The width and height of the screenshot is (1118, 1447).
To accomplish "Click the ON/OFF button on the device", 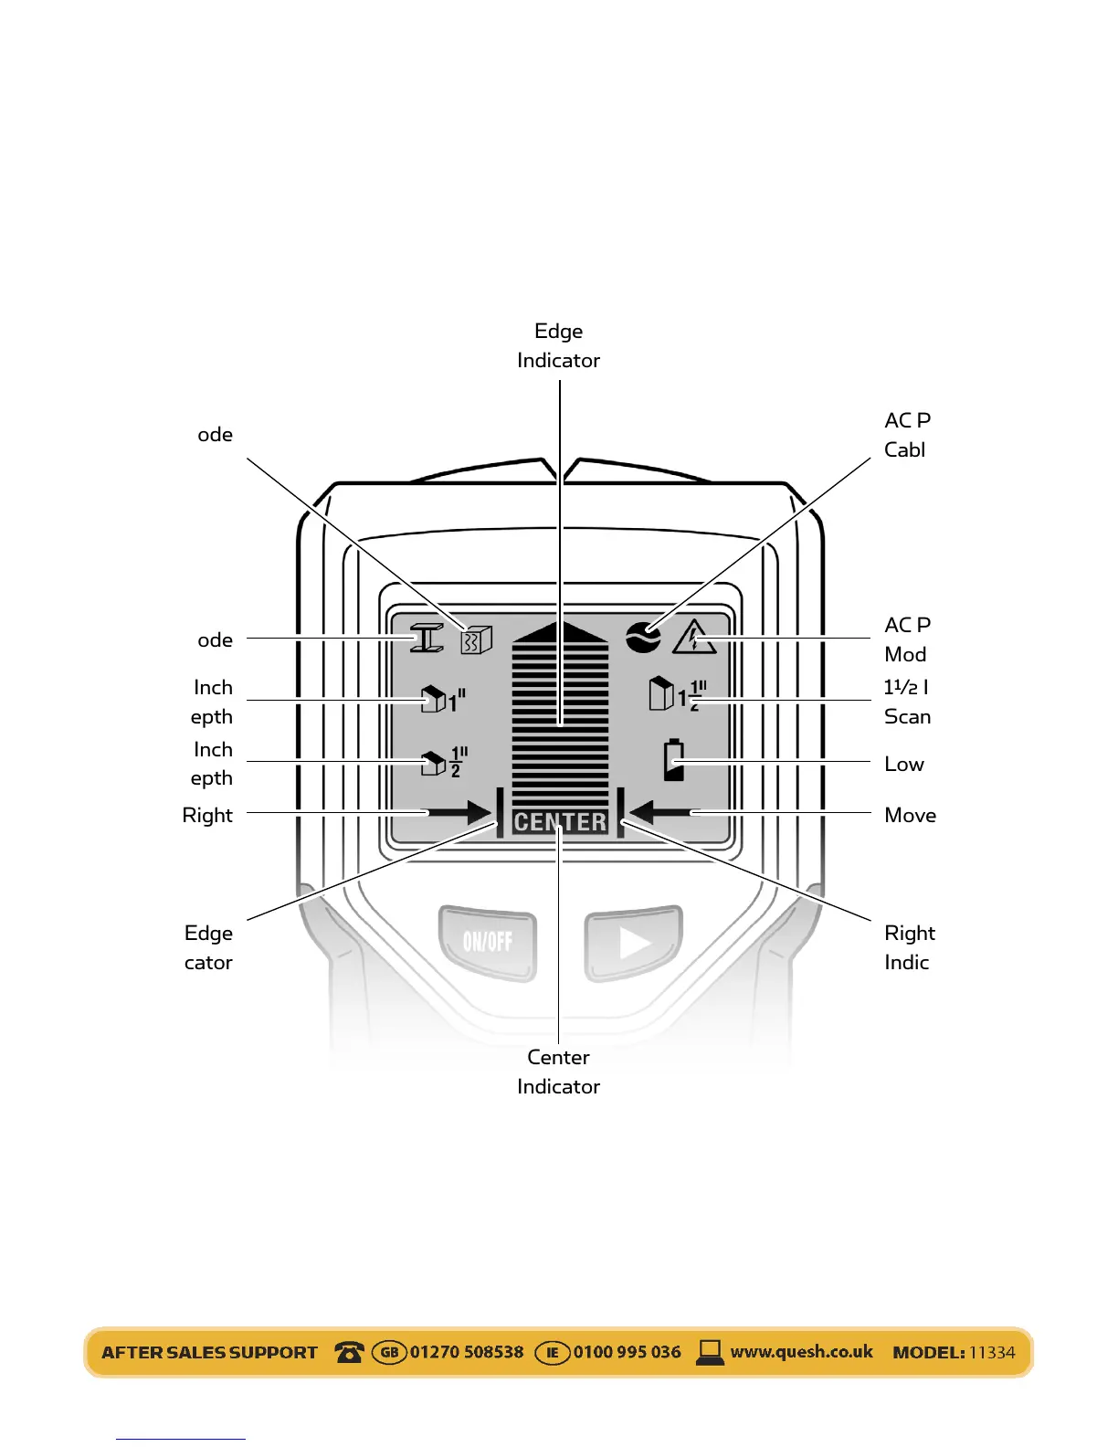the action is (x=487, y=941).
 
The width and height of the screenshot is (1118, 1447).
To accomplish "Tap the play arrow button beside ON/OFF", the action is (x=634, y=942).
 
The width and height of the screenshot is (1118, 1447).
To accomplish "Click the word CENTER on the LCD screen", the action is (x=560, y=822).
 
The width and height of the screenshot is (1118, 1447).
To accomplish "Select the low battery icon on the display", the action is (x=674, y=760).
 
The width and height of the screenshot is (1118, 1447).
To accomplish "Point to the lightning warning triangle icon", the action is (x=694, y=638).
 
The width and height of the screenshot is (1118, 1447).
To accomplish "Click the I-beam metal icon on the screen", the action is (x=427, y=638).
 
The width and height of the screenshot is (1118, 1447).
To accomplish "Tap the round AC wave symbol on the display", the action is (x=643, y=637).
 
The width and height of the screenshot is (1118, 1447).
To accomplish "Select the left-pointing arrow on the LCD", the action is (x=660, y=811).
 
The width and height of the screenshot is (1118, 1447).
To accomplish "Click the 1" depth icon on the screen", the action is (x=443, y=699).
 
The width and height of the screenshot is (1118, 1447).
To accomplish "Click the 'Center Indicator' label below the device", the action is (x=558, y=1072).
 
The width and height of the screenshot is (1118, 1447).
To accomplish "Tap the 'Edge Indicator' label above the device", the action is (x=558, y=345).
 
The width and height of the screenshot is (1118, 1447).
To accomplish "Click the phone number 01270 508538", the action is (x=467, y=1352).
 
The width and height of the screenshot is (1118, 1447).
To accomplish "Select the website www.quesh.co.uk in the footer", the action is (x=801, y=1352).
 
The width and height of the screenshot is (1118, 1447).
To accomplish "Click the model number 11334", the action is (x=992, y=1353).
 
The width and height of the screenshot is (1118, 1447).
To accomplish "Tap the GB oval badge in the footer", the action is (x=389, y=1352).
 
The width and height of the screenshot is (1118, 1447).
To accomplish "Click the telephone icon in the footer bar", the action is (x=349, y=1352).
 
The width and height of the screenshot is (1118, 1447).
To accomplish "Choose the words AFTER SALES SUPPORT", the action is (x=209, y=1353).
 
